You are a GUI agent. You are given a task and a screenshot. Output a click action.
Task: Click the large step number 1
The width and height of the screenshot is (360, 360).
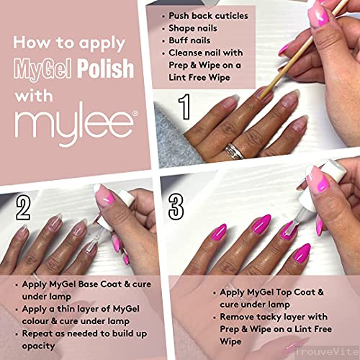click(184, 107)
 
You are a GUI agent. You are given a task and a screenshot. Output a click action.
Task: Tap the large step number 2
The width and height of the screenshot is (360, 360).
click(23, 207)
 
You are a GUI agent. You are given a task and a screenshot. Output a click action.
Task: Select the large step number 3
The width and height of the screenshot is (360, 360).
click(176, 207)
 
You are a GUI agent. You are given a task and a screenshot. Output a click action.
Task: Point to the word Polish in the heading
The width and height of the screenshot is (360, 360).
click(105, 68)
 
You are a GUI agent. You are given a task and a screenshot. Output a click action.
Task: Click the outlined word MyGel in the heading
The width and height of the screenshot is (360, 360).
click(43, 69)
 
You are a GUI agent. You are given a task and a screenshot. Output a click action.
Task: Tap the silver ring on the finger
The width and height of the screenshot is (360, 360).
click(233, 150)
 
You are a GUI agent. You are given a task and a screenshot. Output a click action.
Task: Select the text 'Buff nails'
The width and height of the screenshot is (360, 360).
click(189, 40)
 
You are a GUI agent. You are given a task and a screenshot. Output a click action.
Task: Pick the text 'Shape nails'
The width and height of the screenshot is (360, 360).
click(193, 28)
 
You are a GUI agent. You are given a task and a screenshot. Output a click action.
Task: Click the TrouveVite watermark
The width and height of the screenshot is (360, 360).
click(327, 352)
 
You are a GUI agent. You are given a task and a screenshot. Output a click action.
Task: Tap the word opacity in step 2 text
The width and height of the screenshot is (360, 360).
click(38, 346)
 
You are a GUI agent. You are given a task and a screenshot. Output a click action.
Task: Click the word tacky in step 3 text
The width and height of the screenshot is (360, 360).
click(270, 317)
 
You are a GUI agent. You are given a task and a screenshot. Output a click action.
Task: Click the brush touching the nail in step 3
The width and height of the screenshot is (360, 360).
click(291, 226)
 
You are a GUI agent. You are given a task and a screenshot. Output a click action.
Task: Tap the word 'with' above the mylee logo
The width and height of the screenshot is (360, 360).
click(33, 96)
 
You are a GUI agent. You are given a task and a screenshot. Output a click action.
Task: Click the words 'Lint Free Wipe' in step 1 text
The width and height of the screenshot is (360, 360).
click(199, 78)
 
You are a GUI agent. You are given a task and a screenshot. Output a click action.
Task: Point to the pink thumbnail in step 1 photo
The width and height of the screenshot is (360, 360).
click(318, 17)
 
